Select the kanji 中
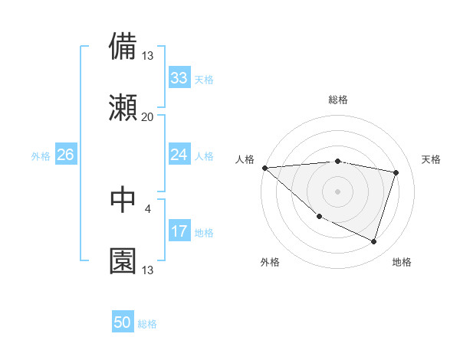click(123, 199)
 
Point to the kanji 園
click(123, 260)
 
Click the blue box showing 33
click(179, 78)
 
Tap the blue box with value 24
click(179, 155)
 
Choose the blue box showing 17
click(179, 231)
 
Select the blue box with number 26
click(65, 155)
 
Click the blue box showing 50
click(123, 322)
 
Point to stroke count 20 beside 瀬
click(147, 117)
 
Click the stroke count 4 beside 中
click(147, 208)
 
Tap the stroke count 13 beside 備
click(147, 56)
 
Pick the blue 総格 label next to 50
click(147, 324)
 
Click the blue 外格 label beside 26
click(41, 156)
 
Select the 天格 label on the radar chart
click(432, 159)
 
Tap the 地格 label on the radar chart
click(402, 262)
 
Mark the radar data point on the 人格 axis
click(264, 168)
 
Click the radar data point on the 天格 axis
click(396, 172)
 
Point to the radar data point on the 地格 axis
click(373, 241)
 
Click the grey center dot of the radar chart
click(337, 191)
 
